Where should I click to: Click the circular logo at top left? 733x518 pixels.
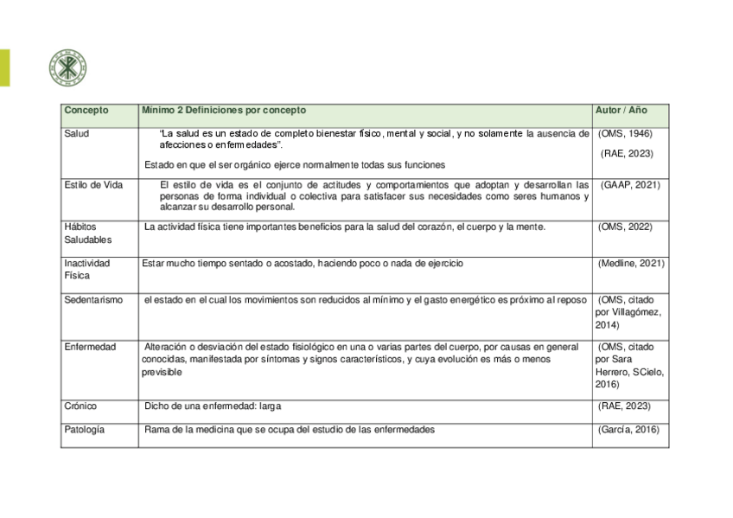click(67, 67)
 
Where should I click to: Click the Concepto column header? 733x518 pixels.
click(86, 111)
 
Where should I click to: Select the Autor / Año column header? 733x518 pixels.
click(621, 111)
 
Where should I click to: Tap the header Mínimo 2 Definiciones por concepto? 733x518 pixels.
click(224, 111)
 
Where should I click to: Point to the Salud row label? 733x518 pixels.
click(77, 134)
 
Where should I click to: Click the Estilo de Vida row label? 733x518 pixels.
click(93, 185)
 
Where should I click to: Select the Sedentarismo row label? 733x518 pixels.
click(93, 300)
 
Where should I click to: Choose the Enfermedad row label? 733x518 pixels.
click(90, 347)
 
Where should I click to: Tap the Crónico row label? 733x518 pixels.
click(80, 406)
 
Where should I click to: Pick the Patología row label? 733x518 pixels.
click(85, 429)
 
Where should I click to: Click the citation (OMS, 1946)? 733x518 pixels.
click(625, 134)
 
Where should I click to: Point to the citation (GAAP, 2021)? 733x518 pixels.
click(630, 185)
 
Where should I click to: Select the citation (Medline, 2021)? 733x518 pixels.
click(631, 263)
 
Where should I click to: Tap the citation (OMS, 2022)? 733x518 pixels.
click(625, 227)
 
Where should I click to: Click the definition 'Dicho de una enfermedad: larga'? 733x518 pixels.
click(214, 406)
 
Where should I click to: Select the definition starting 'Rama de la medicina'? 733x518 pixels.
click(290, 429)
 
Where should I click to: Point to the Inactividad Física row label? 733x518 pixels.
click(86, 269)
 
